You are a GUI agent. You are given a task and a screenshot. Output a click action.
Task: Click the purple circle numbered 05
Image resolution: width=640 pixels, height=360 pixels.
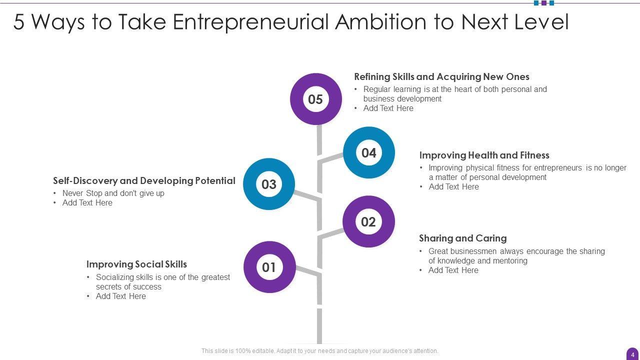(315, 99)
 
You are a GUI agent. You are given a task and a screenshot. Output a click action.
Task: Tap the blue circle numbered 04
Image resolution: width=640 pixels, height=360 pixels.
(369, 152)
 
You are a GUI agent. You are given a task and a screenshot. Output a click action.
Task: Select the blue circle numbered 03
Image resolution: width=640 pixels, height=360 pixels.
(269, 184)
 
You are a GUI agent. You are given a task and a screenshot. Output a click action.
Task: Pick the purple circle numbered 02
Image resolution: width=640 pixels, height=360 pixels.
(368, 221)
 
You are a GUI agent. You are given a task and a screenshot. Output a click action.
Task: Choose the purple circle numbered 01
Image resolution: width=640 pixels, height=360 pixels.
(269, 267)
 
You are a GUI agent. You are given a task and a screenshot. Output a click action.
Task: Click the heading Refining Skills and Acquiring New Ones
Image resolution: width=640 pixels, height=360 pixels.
(441, 77)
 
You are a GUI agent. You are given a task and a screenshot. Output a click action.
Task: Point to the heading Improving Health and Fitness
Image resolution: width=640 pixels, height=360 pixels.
(484, 155)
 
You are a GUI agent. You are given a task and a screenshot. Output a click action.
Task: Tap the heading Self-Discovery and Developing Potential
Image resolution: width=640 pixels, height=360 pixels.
(144, 181)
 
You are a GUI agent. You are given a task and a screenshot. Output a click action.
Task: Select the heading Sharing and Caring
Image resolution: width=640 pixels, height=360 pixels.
(462, 238)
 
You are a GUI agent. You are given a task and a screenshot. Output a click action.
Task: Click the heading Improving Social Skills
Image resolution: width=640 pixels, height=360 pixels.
(136, 264)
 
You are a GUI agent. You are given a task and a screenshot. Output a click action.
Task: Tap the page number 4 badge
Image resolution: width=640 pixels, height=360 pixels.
(632, 354)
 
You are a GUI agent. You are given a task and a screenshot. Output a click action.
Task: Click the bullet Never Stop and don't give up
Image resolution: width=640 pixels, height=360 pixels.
(113, 193)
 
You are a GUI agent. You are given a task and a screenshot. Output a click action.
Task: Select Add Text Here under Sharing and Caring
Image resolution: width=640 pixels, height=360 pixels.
(453, 270)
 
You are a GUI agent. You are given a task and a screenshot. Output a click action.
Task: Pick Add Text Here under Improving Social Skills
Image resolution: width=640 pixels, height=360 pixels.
(120, 296)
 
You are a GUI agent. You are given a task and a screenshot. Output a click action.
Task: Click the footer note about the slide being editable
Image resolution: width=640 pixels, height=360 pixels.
(319, 351)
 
